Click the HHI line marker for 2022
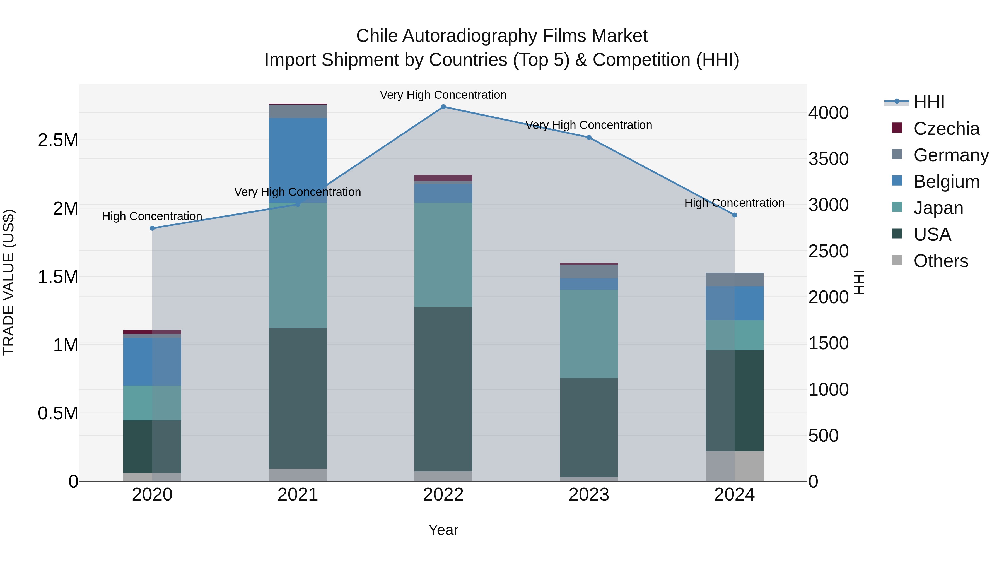443,107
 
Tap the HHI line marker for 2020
152,228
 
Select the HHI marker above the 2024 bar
734,215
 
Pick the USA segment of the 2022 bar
443,389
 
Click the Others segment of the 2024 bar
734,466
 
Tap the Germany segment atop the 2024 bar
734,279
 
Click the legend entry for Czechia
946,129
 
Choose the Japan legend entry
938,208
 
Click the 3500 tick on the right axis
828,159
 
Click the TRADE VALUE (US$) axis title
9,282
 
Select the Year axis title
443,530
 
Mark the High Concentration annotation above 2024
734,203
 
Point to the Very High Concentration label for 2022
443,95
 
